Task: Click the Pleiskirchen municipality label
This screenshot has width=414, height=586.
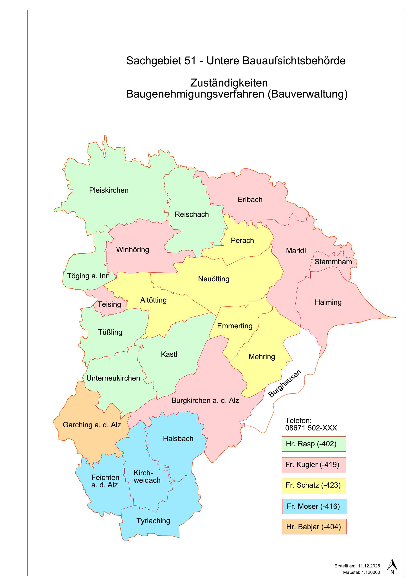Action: point(109,190)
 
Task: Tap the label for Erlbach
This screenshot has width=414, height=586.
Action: point(250,200)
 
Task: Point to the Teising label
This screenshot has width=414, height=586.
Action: point(109,304)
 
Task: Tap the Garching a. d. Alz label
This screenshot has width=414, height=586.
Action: point(92,425)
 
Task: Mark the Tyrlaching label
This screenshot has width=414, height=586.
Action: point(153,521)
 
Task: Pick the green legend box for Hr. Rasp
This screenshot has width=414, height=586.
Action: point(314,444)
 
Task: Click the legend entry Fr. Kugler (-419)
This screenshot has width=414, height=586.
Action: point(314,465)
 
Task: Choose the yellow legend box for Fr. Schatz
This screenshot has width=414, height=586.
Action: point(314,485)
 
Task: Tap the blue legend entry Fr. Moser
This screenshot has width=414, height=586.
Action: point(314,506)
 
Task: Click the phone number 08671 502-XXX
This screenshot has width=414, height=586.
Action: point(311,428)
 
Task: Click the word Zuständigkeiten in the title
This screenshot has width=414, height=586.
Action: point(229,83)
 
